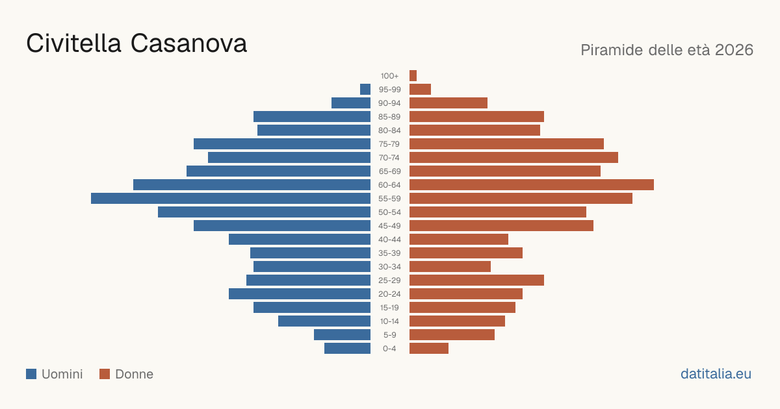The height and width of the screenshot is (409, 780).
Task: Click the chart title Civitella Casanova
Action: [136, 43]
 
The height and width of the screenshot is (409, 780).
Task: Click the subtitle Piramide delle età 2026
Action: [667, 50]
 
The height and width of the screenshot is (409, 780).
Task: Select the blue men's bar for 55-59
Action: [231, 198]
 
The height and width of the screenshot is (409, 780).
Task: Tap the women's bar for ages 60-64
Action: [532, 184]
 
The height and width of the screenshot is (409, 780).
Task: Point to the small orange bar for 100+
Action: [413, 75]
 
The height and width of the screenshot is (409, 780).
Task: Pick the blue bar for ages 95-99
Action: [365, 89]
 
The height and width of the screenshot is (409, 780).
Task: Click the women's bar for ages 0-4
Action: [429, 348]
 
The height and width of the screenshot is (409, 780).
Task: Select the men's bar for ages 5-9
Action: [342, 334]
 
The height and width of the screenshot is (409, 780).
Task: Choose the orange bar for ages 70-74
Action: [513, 158]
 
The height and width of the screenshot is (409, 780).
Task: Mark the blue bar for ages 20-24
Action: [300, 294]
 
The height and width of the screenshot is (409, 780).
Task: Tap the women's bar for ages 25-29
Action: [476, 280]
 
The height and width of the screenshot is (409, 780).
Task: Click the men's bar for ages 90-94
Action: [351, 103]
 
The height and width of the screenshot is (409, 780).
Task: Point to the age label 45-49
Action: [389, 226]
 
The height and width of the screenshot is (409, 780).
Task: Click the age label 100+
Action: [389, 76]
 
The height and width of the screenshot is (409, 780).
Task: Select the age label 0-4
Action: [389, 349]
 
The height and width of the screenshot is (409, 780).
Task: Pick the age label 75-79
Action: [389, 144]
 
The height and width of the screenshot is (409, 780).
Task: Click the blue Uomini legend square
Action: [31, 374]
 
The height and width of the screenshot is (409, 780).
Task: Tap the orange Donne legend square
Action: [105, 374]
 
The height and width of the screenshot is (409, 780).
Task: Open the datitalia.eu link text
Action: [716, 374]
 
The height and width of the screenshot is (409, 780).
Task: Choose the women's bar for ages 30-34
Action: [450, 267]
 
